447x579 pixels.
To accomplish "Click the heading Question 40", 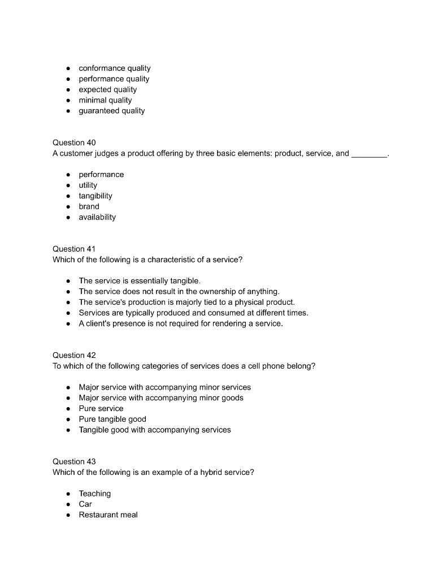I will click(74, 142).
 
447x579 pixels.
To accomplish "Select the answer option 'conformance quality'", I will click(114, 68).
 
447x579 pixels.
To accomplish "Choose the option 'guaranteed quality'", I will click(111, 111).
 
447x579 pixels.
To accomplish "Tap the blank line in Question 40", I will click(369, 154).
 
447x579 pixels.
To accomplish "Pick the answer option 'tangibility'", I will click(95, 196).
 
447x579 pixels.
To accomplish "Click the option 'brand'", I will click(89, 206).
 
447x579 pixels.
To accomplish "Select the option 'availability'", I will click(97, 217).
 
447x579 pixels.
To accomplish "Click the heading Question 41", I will click(74, 249).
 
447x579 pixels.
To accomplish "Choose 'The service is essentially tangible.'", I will click(140, 280).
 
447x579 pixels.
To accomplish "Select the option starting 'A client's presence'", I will click(180, 323).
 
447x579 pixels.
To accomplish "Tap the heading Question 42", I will click(74, 355).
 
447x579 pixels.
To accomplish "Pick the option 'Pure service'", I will click(101, 408).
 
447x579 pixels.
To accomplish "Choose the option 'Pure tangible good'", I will click(112, 419).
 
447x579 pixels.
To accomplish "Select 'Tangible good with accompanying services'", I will click(154, 430).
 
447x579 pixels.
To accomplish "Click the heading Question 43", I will click(74, 461).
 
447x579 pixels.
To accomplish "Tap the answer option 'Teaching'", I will click(94, 494).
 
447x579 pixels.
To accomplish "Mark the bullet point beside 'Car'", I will click(68, 504).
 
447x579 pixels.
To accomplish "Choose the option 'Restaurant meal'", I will click(108, 515).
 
